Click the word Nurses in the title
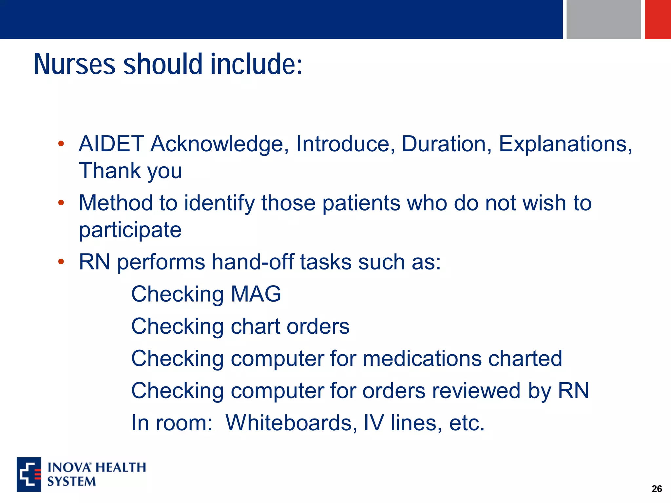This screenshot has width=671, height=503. pos(74,64)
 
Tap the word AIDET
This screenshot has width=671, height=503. pos(111,144)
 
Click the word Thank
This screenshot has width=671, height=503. pos(109,171)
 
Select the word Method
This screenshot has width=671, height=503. pos(116,203)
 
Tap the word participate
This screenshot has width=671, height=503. pos(130,230)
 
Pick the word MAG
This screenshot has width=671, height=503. pos(256,294)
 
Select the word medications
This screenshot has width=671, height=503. pos(422,358)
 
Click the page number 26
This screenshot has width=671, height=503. pos(657,489)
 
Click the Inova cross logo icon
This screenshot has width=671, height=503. pos(29,474)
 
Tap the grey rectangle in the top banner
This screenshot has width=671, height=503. pos(604,19)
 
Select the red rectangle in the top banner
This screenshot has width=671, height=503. pos(658,19)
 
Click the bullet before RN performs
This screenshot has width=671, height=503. pos(61,262)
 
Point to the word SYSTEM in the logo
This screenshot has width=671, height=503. pos(71,481)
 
